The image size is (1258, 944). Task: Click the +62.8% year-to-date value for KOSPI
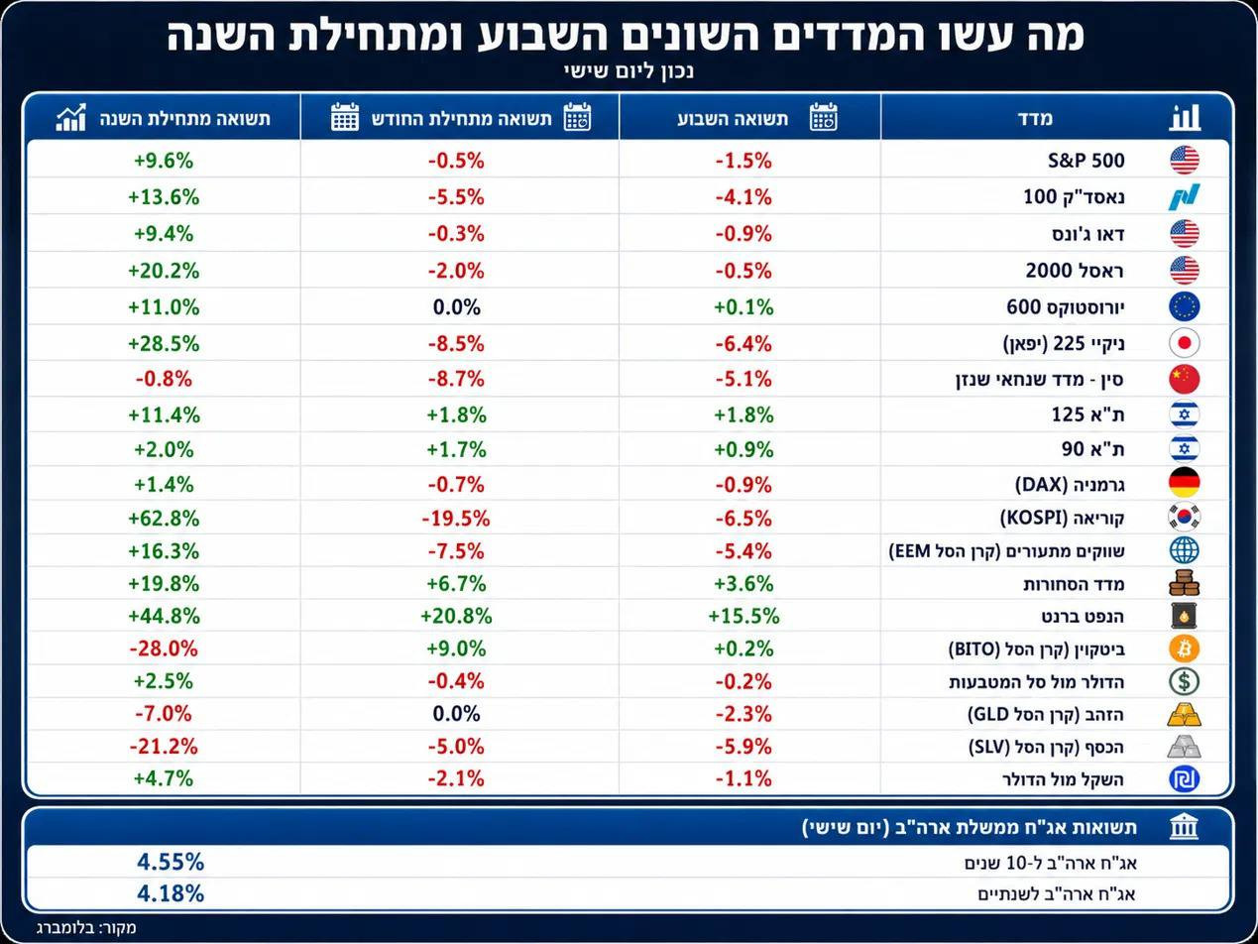(164, 519)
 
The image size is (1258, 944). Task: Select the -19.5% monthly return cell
(456, 519)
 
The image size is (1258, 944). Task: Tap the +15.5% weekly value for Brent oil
(743, 616)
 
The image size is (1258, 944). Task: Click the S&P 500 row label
(1086, 161)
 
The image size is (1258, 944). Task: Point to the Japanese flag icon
(1184, 343)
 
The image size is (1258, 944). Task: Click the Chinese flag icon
(1184, 379)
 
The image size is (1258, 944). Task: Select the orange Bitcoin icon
(1184, 649)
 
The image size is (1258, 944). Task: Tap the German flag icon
(1184, 483)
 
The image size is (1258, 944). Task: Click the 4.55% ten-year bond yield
(171, 862)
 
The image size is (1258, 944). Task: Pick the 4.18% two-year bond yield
(171, 893)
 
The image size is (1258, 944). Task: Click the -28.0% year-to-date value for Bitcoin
(164, 649)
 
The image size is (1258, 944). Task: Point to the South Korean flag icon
(1184, 517)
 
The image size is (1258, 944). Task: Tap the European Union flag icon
(1184, 306)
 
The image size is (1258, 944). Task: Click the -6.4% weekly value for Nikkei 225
(743, 344)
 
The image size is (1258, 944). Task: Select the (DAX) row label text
(1041, 484)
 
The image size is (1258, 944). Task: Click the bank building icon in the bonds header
(1184, 827)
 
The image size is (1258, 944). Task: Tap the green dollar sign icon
(1184, 681)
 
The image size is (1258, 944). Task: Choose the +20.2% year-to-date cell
(164, 271)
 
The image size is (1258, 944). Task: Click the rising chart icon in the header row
(71, 117)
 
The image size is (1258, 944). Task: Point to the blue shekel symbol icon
(1184, 779)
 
